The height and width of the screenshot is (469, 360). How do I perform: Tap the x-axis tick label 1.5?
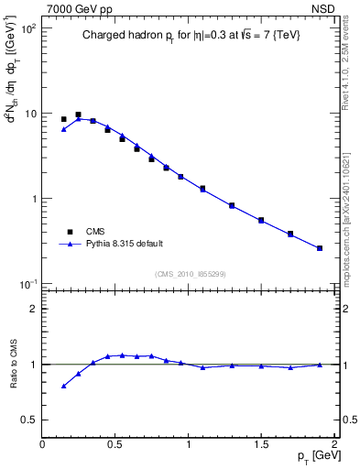[261, 443]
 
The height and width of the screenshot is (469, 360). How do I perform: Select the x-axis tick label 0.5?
[115, 443]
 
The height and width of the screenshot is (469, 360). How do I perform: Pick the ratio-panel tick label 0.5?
[27, 420]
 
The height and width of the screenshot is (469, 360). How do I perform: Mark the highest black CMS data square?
[78, 115]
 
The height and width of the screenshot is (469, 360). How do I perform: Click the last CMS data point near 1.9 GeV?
[320, 248]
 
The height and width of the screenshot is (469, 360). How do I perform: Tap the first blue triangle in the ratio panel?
[63, 386]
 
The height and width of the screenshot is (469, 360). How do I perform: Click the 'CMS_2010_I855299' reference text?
[189, 274]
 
